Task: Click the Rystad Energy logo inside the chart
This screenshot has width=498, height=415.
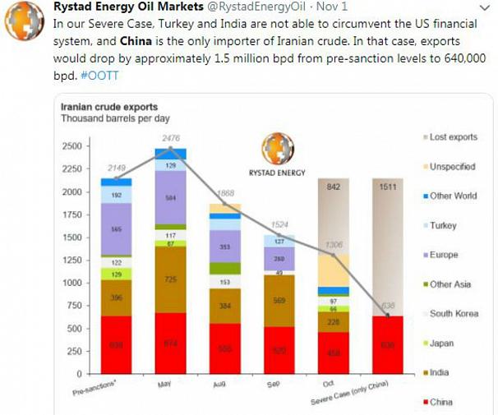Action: coord(277,150)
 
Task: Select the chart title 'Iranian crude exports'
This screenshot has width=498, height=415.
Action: coord(109,107)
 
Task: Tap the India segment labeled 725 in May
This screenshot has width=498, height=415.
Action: coord(170,280)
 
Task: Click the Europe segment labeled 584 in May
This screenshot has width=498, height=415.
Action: coord(170,197)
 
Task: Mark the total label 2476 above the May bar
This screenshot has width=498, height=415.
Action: coord(170,138)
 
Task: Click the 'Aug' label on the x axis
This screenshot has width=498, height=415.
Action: coord(219,384)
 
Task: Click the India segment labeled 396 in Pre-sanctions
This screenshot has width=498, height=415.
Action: coord(116,297)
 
